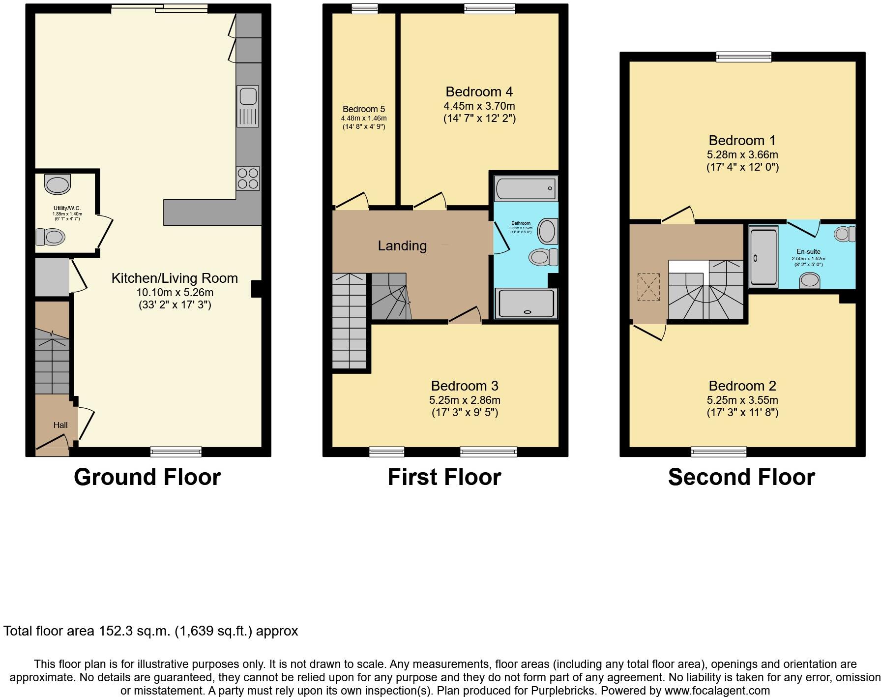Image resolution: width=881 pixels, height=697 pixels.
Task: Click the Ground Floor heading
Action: (147, 477)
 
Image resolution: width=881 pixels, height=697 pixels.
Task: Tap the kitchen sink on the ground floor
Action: (248, 105)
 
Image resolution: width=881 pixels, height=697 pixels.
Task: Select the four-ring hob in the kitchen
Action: (248, 179)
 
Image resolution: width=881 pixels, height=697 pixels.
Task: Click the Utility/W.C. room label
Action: (67, 209)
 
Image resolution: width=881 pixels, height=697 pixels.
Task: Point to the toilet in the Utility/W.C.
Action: (51, 238)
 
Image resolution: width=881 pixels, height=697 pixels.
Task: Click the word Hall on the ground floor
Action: (60, 425)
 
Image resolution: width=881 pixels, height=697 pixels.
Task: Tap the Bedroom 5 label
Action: (364, 109)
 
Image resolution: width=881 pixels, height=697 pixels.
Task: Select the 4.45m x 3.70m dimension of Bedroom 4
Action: (479, 106)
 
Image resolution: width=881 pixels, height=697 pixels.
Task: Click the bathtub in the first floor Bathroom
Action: (526, 188)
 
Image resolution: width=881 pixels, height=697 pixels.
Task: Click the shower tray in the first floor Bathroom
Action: (526, 303)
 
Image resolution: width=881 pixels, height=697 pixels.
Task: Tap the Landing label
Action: (402, 246)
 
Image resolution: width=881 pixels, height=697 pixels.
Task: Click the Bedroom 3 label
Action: (465, 386)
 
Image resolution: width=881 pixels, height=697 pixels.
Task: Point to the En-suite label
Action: (808, 251)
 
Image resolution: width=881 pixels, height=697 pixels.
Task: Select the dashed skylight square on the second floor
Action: (648, 287)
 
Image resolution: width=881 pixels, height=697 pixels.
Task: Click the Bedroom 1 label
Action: (742, 141)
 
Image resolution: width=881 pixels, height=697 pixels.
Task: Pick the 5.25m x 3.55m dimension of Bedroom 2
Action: (742, 400)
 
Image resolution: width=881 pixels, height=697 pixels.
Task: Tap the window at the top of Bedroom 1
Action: (743, 57)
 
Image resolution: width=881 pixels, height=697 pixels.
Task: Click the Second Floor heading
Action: (741, 477)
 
